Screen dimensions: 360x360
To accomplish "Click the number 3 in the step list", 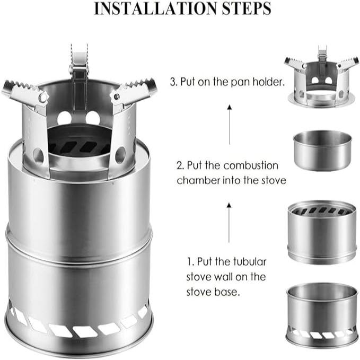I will click(x=172, y=82).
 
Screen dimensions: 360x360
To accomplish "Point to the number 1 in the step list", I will click(x=188, y=262).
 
